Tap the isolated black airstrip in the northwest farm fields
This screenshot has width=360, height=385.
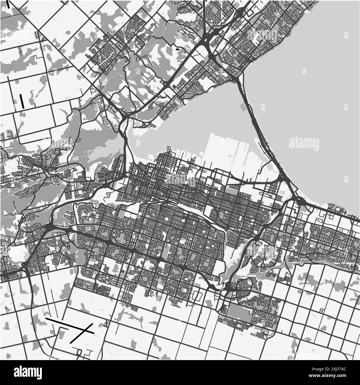click(22, 101)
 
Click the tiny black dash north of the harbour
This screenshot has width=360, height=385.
click(177, 49)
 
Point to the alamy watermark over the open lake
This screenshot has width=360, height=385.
click(304, 143)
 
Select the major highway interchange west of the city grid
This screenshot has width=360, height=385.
click(50, 227)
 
